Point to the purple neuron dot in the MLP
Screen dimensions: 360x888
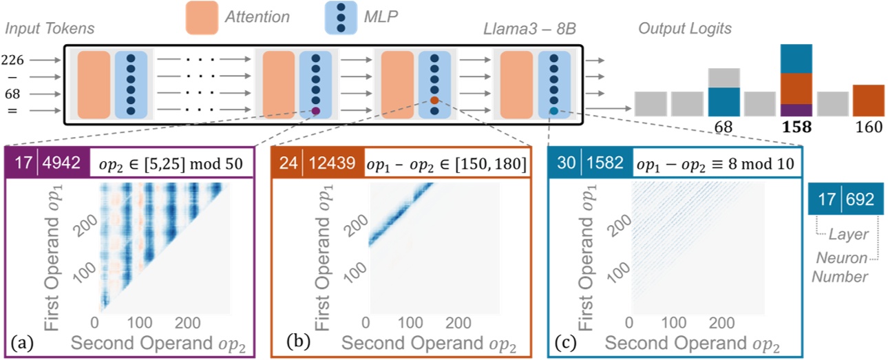point(316,111)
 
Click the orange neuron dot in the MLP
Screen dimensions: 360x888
point(434,100)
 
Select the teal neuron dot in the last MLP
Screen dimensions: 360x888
point(554,111)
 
